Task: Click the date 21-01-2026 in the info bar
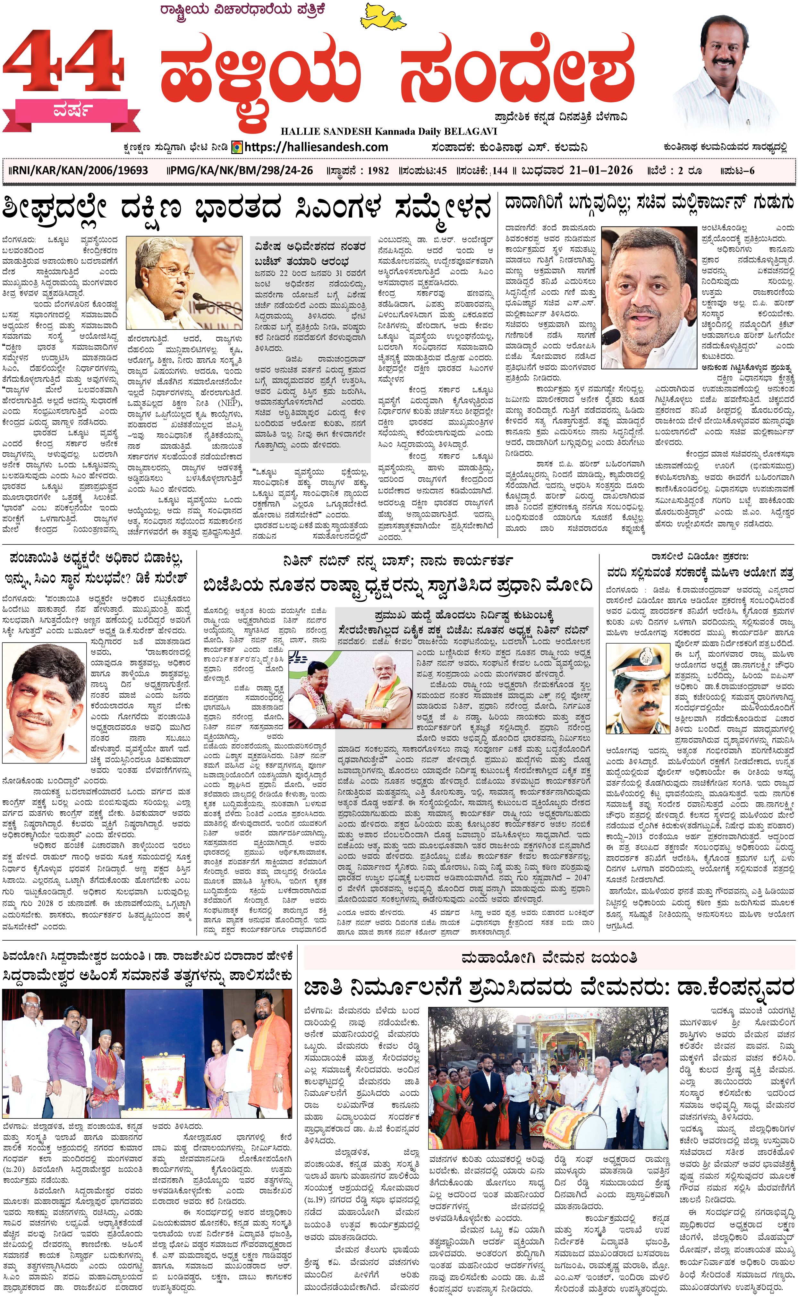click(601, 170)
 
